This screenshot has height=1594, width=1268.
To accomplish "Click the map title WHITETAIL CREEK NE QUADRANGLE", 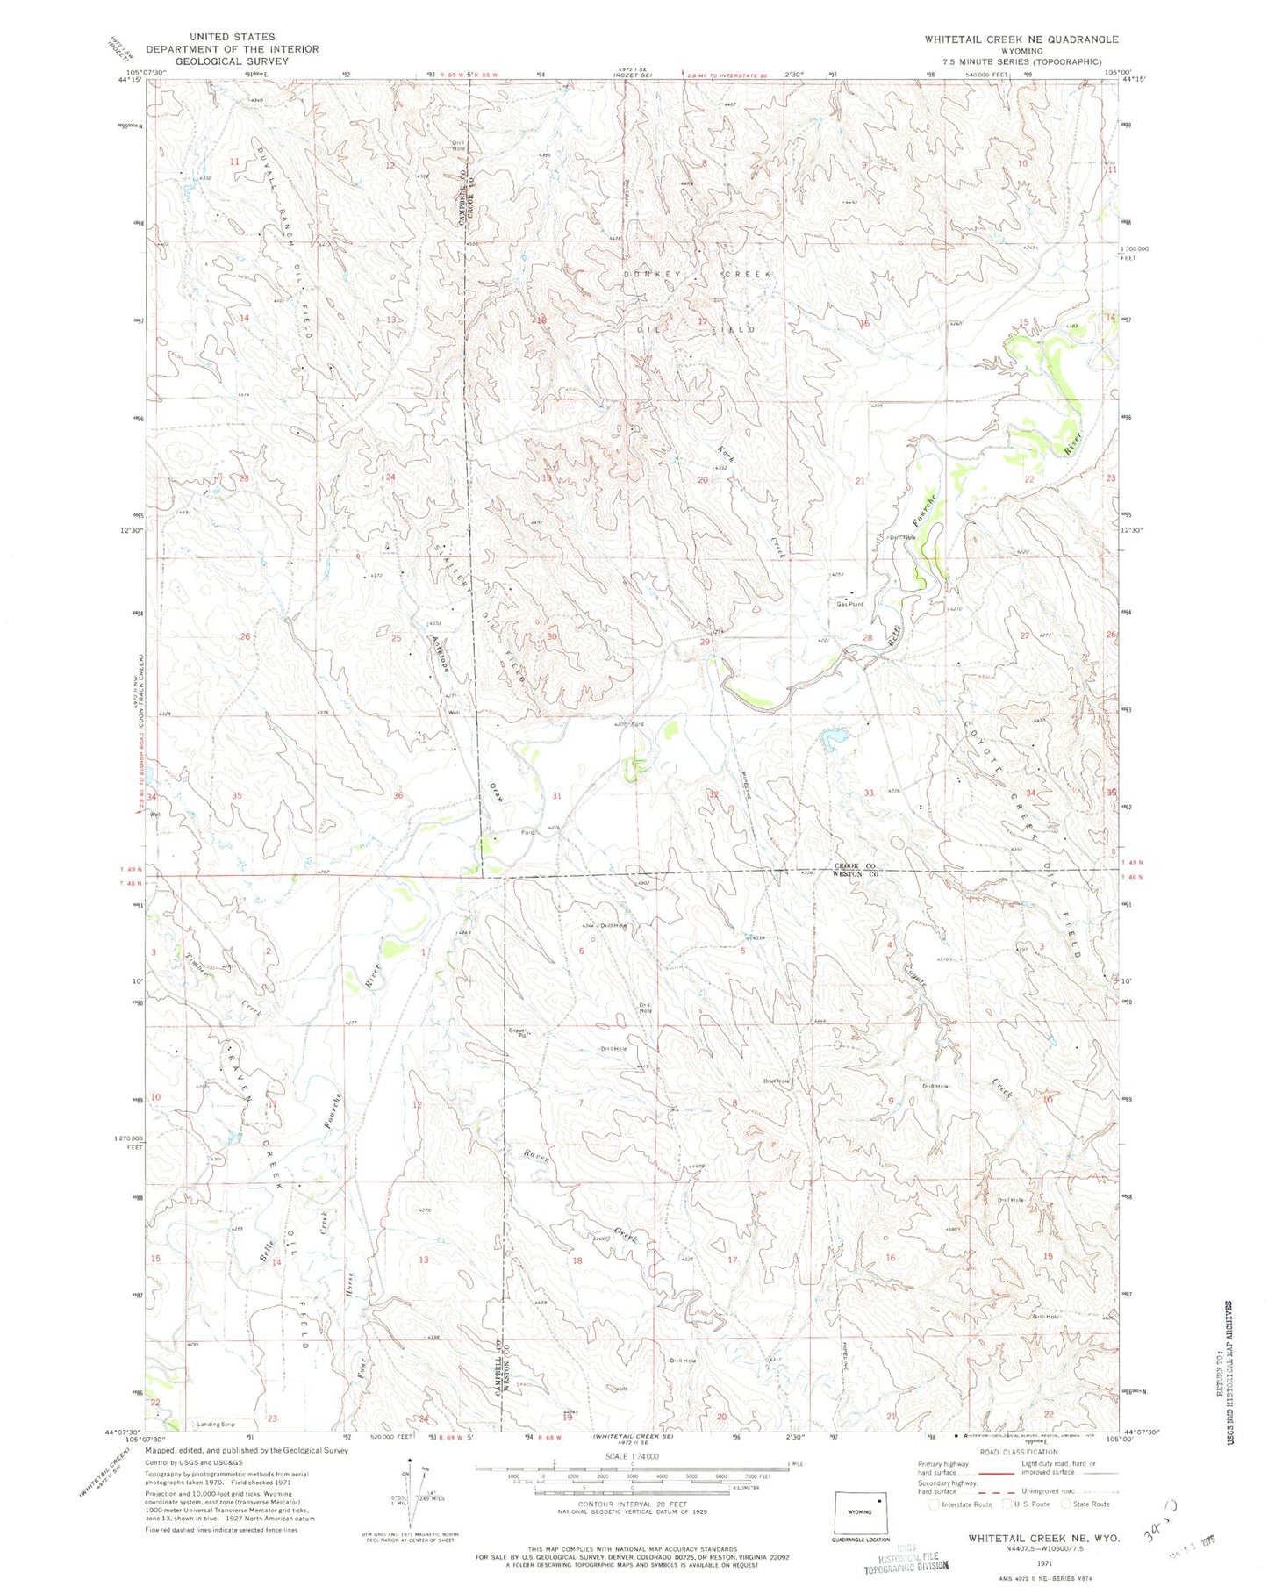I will pyautogui.click(x=1021, y=39).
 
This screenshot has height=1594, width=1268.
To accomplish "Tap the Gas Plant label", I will pyautogui.click(x=849, y=604).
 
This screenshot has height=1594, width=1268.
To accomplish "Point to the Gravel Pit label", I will pyautogui.click(x=517, y=1032).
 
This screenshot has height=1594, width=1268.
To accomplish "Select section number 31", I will pyautogui.click(x=556, y=795).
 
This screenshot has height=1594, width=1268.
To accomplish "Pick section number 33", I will pyautogui.click(x=869, y=793).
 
